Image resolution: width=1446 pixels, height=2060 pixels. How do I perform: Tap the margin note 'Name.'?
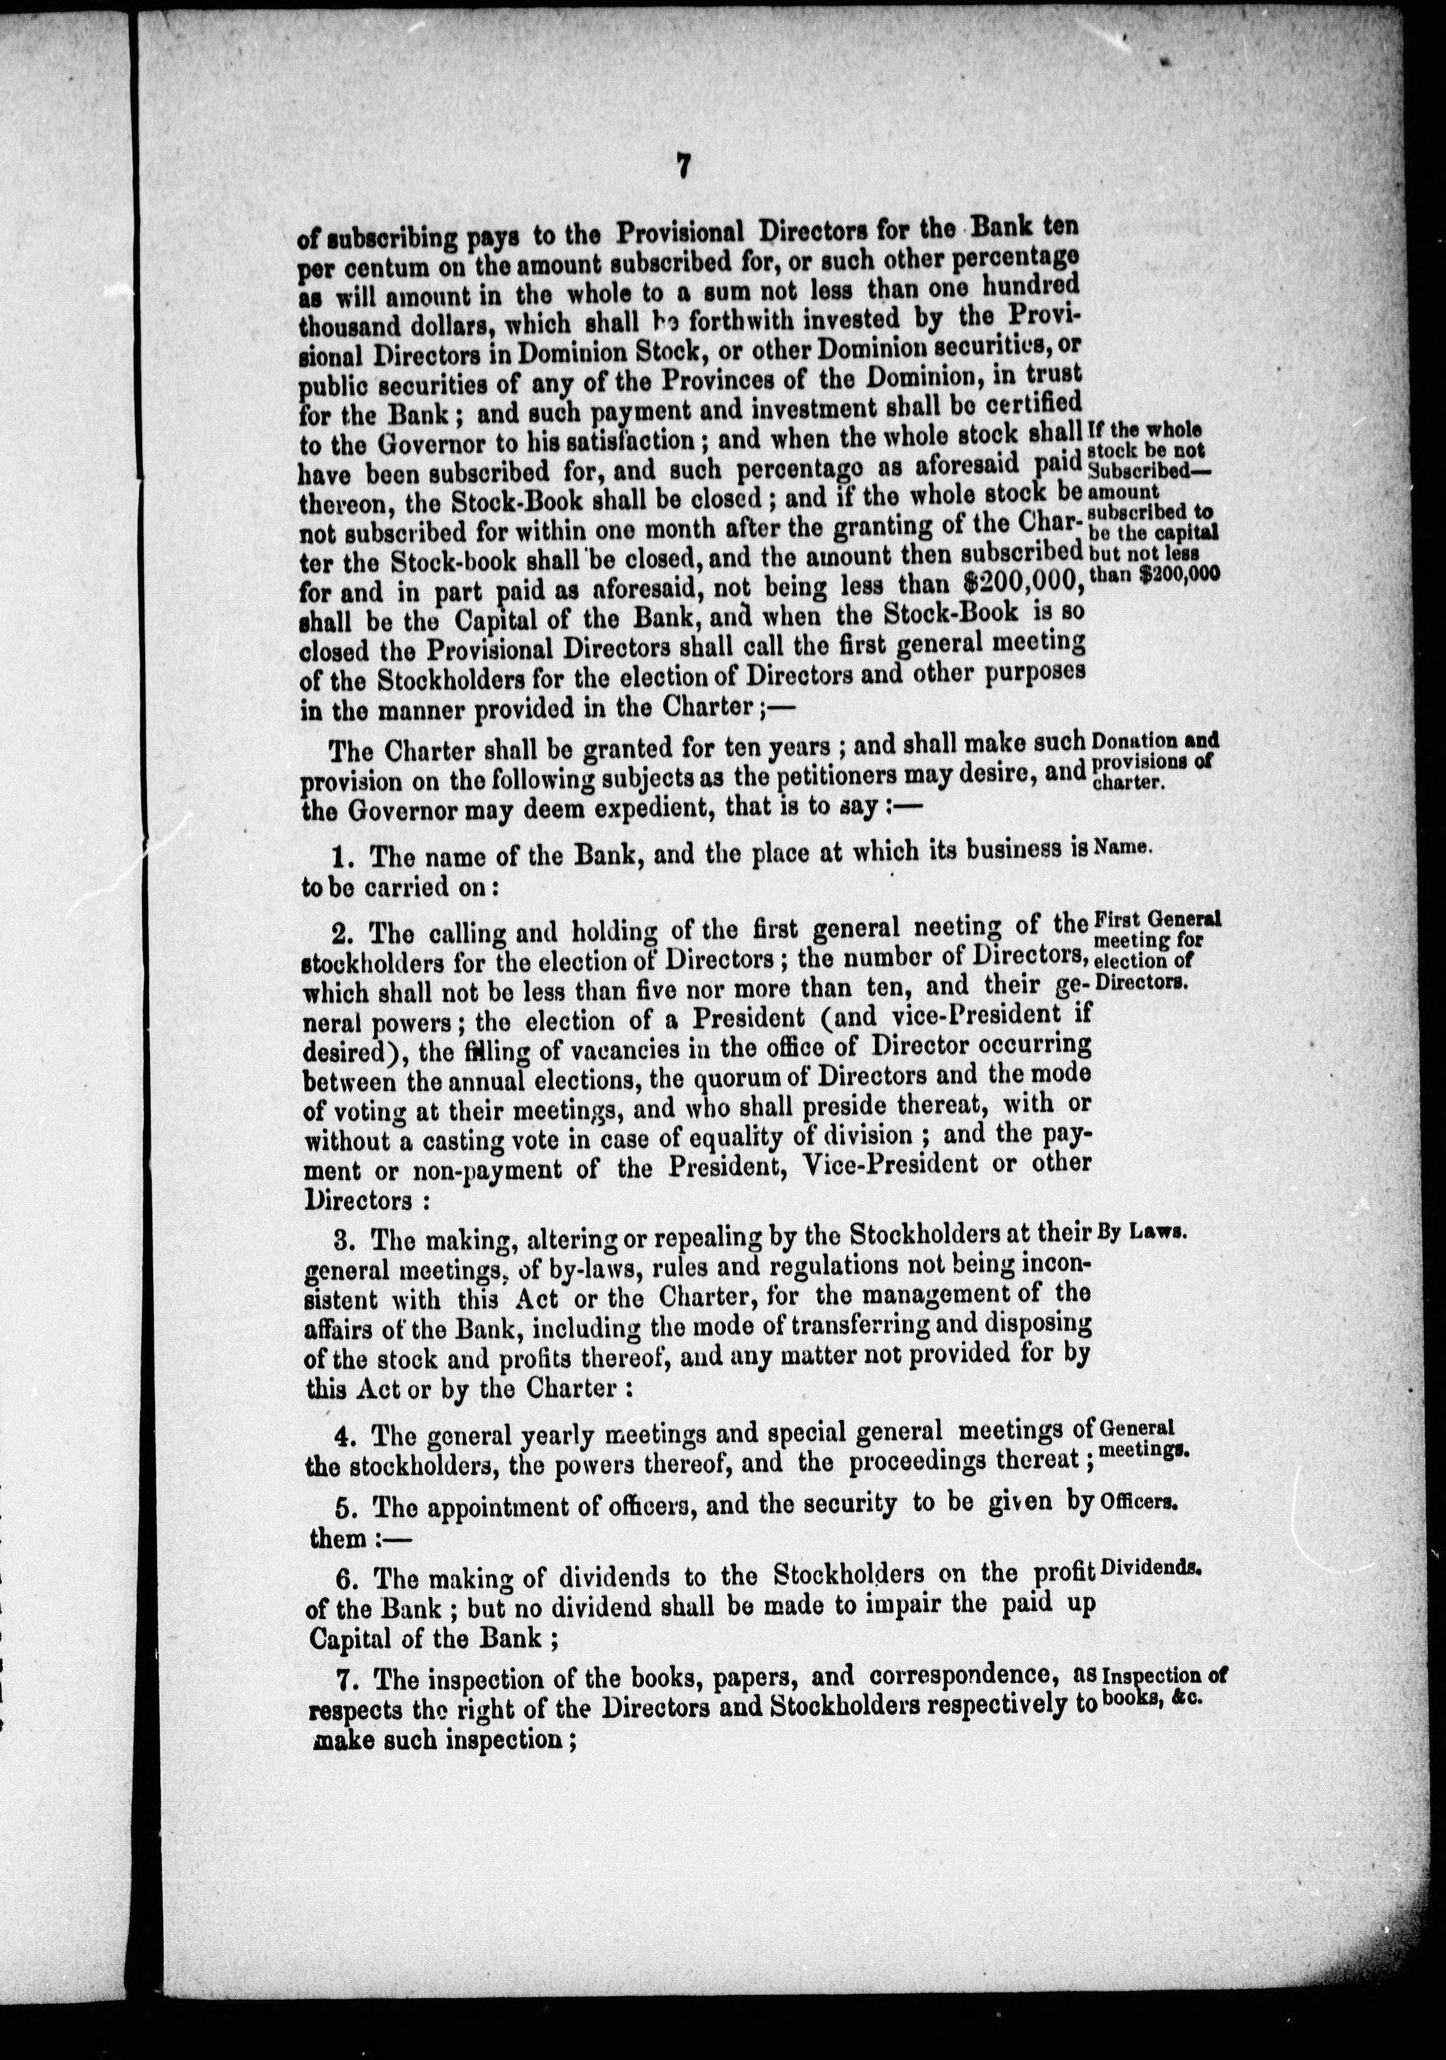(x=1122, y=846)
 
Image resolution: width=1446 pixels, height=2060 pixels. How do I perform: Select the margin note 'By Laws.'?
(x=1142, y=1232)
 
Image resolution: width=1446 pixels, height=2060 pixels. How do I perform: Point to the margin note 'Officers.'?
(x=1137, y=1505)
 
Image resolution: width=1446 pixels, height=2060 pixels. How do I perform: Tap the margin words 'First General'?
(x=1157, y=919)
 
